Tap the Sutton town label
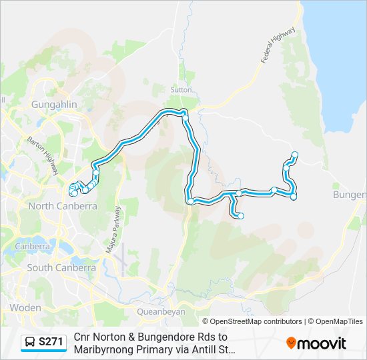coord(181,89)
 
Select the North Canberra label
coord(62,206)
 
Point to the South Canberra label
coord(61,267)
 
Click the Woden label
coord(25,308)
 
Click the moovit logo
coord(316,343)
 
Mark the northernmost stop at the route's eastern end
coord(294,155)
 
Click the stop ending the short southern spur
coord(241,215)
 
